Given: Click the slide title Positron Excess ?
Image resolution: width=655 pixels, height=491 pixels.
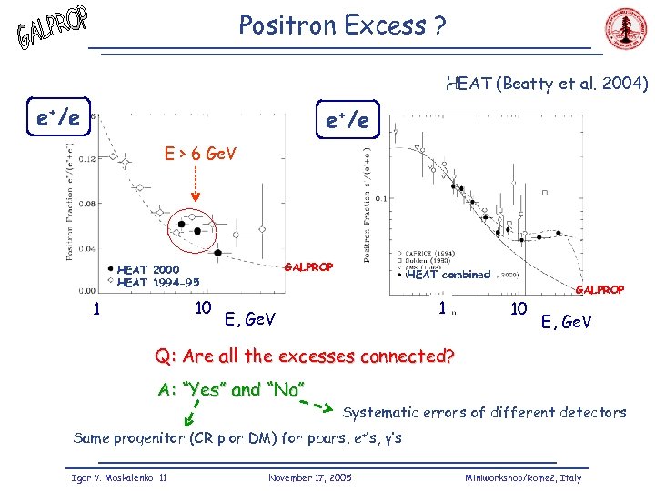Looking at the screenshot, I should (341, 25).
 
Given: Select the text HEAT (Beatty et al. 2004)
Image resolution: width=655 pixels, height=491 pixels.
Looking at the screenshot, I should (546, 85).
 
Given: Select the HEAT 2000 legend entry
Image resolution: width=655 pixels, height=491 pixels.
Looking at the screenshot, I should (148, 269).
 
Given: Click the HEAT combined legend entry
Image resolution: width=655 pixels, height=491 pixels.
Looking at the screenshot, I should (448, 275).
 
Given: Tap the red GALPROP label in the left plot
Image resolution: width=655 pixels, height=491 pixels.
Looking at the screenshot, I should (308, 267).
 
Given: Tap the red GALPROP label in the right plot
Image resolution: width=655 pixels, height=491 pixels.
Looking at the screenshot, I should (600, 289).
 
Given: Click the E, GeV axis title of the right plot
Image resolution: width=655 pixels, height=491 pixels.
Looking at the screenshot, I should (566, 321).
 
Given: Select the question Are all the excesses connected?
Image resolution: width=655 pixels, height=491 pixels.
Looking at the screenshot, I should (304, 356).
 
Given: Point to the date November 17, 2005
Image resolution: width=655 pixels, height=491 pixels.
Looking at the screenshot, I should (310, 477).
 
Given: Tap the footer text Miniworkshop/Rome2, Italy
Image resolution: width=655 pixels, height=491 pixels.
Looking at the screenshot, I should (522, 477).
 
